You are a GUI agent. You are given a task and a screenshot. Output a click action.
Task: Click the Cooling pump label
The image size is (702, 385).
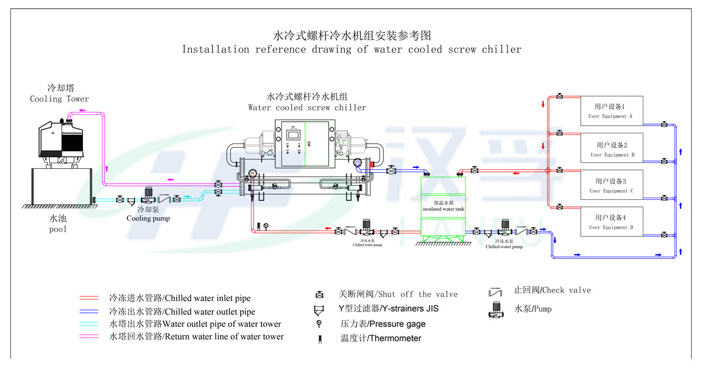point(148,218)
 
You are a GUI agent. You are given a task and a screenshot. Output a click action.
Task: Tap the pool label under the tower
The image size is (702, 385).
point(58,229)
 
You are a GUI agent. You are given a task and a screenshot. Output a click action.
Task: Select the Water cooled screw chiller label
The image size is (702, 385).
point(307,108)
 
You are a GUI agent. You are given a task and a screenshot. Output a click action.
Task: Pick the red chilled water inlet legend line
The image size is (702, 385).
point(89,298)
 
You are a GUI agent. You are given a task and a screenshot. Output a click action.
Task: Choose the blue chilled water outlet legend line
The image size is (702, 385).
point(89,311)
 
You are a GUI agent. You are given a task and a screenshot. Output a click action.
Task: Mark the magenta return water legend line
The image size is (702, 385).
point(89,337)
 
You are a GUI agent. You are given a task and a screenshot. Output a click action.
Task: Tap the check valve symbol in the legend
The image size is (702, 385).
point(495,292)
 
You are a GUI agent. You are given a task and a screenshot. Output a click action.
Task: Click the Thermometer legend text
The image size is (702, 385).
point(381,338)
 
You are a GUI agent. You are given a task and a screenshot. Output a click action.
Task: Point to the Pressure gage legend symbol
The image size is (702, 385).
point(320,324)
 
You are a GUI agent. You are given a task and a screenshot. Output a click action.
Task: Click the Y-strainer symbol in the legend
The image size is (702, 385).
point(320,310)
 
